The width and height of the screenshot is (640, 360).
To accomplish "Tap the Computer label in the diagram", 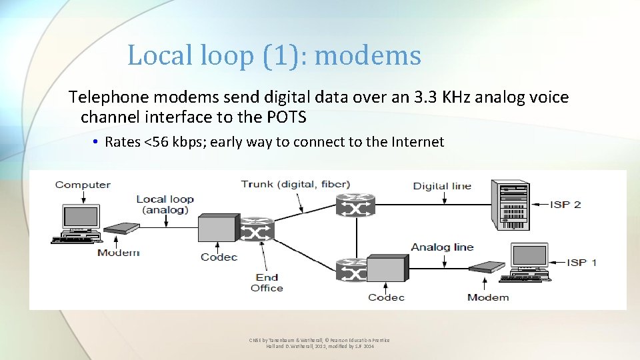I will [83, 185].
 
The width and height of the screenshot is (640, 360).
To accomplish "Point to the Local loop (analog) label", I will [165, 204].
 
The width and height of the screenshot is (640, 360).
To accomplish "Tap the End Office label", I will [267, 283].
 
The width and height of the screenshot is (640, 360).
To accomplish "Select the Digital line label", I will [442, 186].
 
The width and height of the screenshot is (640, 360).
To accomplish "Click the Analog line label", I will [442, 247].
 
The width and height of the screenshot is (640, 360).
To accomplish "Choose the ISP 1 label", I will [581, 262].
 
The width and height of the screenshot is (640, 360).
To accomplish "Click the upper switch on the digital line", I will [355, 205].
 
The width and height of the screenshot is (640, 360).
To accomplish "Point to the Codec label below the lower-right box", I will [386, 297].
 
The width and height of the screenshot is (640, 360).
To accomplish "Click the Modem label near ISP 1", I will [488, 297].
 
